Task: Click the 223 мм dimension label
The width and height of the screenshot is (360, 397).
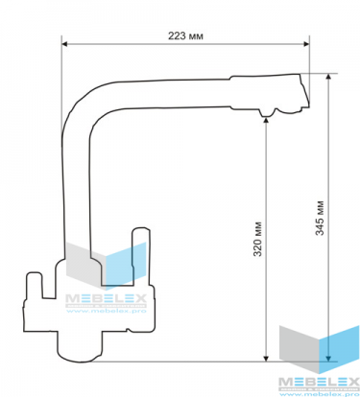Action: (185, 35)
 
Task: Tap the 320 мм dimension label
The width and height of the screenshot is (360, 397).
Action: (257, 239)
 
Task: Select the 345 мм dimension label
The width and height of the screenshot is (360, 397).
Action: (320, 218)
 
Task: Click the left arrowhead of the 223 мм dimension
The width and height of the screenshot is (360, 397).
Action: (64, 44)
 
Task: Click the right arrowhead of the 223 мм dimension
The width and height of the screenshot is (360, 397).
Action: (306, 44)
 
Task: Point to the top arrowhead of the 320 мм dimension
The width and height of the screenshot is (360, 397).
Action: (266, 121)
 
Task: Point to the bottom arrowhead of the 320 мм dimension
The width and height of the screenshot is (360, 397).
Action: (266, 358)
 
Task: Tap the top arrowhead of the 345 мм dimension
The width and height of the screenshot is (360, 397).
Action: (328, 77)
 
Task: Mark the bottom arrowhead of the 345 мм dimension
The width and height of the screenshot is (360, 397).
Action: (328, 358)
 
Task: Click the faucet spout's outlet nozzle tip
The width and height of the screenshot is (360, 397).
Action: (268, 113)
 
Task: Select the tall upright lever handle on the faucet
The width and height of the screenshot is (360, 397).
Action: (140, 256)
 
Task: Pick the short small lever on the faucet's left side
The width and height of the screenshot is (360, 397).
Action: (35, 285)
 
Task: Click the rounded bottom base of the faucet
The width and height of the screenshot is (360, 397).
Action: (80, 347)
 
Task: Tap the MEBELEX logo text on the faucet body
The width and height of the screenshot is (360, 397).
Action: (106, 298)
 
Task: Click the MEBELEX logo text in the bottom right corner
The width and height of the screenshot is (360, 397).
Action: (319, 382)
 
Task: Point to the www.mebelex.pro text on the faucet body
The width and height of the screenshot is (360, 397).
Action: (106, 311)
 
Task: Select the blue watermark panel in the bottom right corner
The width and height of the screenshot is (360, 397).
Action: (339, 349)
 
